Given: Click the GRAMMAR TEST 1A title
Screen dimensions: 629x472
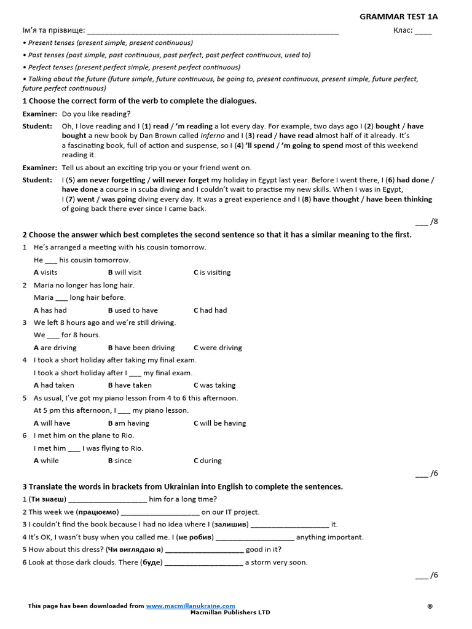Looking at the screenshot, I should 399,17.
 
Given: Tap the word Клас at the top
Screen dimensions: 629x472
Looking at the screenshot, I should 402,30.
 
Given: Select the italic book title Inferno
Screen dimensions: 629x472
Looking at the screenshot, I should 213,136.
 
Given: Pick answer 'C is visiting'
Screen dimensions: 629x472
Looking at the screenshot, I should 212,272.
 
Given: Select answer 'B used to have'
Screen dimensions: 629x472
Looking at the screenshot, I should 133,310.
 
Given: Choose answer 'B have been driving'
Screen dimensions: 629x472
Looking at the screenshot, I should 141,348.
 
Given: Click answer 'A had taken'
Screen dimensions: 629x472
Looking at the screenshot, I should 54,385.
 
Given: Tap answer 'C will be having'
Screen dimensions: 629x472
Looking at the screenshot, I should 219,423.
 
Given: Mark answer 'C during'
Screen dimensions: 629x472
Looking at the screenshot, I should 208,461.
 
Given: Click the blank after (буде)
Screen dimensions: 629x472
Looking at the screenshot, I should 204,563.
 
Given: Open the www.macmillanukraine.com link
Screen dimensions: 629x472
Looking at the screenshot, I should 191,606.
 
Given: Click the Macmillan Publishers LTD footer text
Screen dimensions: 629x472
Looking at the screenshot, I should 230,612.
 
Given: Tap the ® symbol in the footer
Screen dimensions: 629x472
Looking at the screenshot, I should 430,606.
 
